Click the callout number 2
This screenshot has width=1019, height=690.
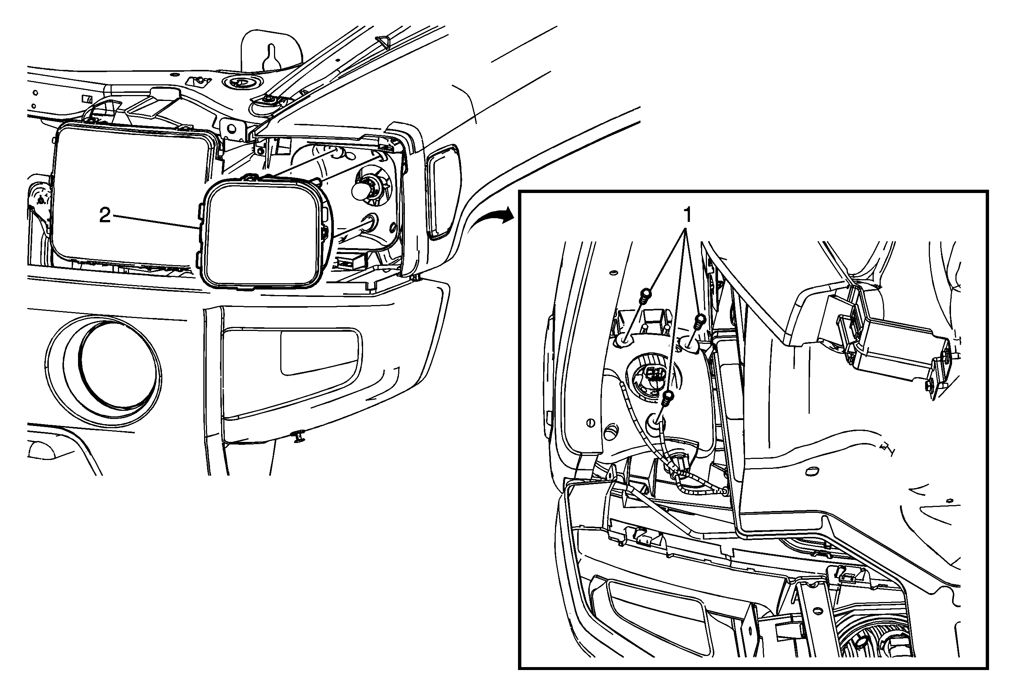point(105,216)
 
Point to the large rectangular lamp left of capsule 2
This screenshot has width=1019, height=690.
point(132,195)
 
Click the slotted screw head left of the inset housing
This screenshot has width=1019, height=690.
point(590,423)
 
